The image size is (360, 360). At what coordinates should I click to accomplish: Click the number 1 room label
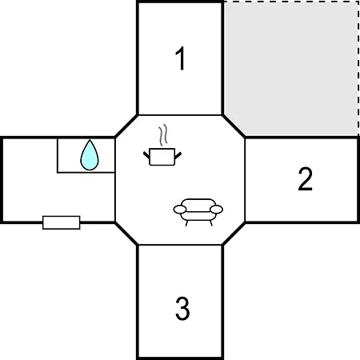181,58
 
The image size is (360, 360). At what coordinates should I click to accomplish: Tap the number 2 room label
305,179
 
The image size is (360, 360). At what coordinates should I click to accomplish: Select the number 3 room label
182,308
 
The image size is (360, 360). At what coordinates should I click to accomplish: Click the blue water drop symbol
90,155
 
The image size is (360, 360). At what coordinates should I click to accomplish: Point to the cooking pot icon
162,157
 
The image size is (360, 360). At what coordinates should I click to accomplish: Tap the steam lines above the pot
163,135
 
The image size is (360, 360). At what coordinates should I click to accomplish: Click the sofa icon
198,212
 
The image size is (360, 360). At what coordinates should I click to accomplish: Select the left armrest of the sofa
180,210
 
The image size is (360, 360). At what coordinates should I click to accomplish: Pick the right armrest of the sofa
216,210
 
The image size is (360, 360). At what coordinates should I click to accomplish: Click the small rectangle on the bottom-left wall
62,222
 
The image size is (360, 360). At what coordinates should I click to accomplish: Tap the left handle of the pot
146,155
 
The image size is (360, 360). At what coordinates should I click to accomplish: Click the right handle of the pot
178,155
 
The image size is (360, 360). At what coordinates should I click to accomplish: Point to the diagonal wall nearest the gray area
234,126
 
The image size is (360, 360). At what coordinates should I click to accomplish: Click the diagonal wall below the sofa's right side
234,234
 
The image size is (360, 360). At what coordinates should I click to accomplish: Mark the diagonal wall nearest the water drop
126,126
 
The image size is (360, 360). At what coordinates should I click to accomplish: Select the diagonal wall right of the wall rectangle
126,234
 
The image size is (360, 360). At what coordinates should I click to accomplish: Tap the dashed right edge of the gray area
358,69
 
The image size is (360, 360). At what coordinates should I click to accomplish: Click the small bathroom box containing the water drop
86,155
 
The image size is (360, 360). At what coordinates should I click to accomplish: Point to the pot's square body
162,157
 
